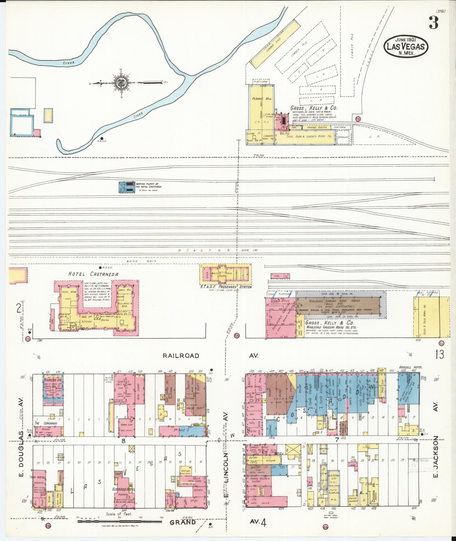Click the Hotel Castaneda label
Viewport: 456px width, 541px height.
[93, 274]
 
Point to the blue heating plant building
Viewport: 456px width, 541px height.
[127, 187]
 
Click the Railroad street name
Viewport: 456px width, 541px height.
[181, 356]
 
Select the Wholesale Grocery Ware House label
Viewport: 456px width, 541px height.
[338, 301]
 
